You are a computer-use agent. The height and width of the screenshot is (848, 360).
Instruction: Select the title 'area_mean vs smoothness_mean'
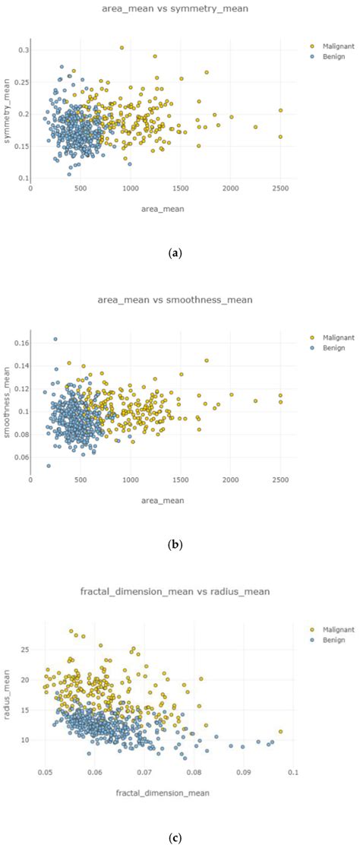(178, 300)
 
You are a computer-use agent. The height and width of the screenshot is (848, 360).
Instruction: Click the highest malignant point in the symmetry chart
(122, 48)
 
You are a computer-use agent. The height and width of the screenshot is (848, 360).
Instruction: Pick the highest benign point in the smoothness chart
(55, 339)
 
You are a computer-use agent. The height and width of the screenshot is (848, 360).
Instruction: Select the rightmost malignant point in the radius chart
(281, 732)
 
